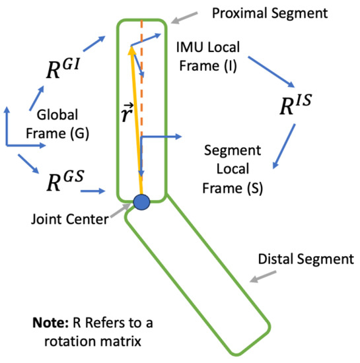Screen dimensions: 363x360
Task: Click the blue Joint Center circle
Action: click(141, 201)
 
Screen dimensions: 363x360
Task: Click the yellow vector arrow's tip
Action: click(131, 48)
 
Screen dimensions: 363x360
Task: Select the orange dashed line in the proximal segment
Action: click(142, 99)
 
